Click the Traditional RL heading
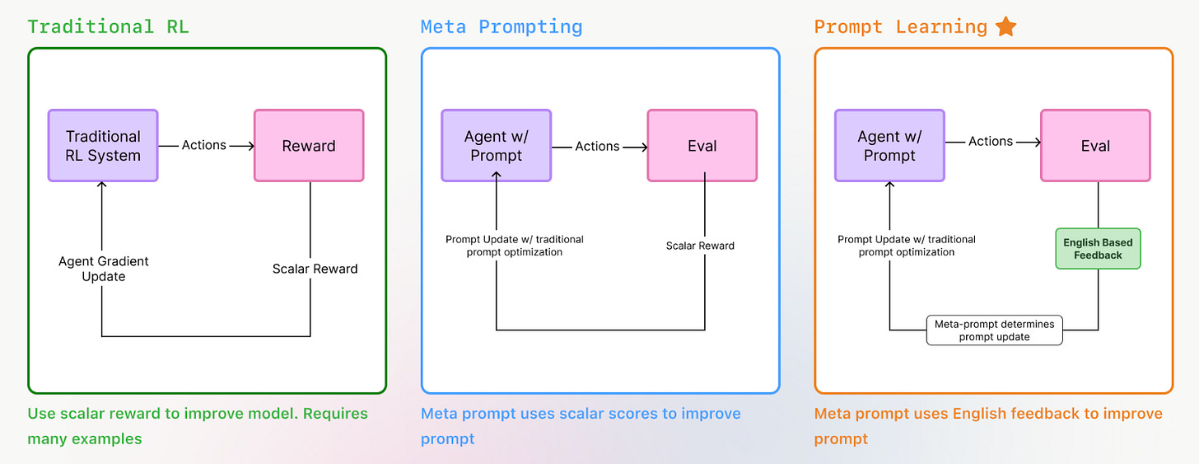click(108, 26)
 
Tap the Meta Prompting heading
click(501, 26)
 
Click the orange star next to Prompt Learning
click(1005, 26)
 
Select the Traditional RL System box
click(103, 146)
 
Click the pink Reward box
click(309, 146)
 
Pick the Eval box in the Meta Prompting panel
click(702, 146)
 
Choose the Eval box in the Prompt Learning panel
click(1095, 146)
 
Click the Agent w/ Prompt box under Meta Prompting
click(497, 146)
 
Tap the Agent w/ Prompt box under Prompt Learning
click(889, 146)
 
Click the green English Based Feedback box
click(1098, 249)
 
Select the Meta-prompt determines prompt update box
click(994, 330)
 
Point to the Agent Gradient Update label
click(104, 269)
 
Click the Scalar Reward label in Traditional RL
click(315, 269)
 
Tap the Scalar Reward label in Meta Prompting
click(700, 246)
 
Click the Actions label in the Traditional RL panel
click(203, 145)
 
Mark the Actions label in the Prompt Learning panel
click(990, 141)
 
